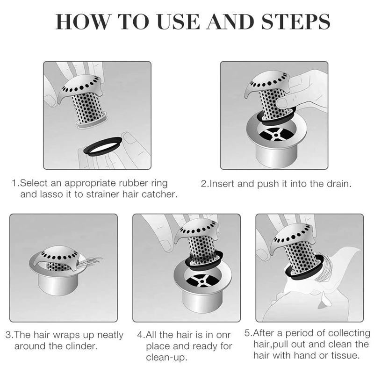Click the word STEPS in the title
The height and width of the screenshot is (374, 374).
[x=296, y=22]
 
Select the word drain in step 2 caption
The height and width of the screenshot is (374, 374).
[x=339, y=184]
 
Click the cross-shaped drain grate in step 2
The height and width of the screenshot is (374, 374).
[x=276, y=135]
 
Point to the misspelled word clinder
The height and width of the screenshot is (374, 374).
[x=83, y=346]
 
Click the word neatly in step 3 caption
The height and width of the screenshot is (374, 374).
[x=110, y=335]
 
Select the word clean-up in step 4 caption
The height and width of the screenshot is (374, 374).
[x=167, y=357]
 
